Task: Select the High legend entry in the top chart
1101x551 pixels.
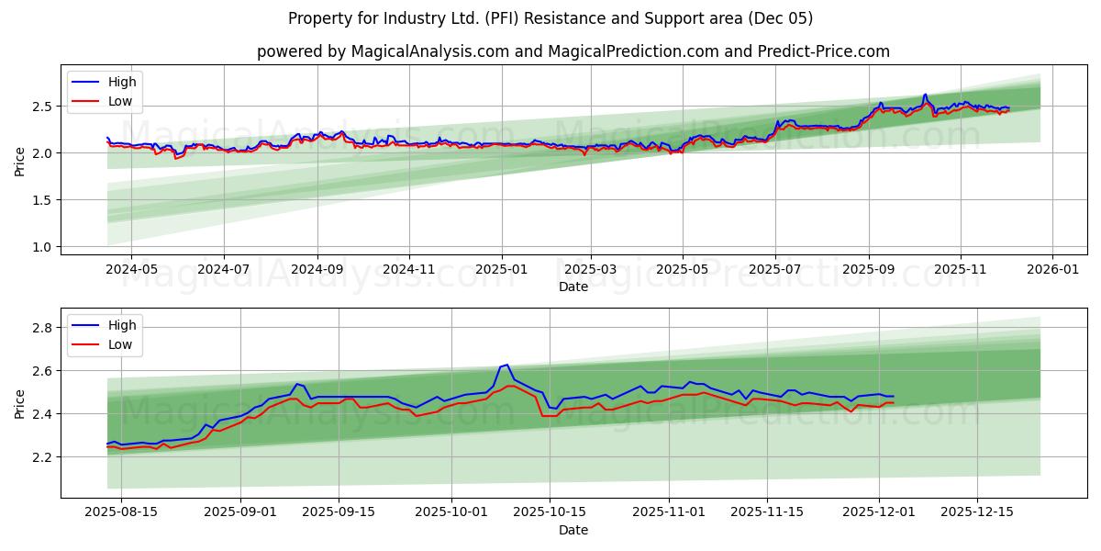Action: click(122, 82)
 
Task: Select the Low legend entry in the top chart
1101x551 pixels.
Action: click(120, 101)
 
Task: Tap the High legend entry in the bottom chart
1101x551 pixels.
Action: click(122, 325)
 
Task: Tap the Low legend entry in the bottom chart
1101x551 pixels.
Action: click(120, 344)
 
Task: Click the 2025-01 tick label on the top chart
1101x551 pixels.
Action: click(501, 270)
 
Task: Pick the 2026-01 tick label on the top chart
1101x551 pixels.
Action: click(1051, 270)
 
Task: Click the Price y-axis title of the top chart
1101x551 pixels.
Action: click(20, 161)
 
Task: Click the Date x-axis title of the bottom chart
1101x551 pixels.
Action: click(573, 530)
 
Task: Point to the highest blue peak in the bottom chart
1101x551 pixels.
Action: click(507, 365)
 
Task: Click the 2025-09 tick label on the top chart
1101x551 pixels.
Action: click(868, 270)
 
